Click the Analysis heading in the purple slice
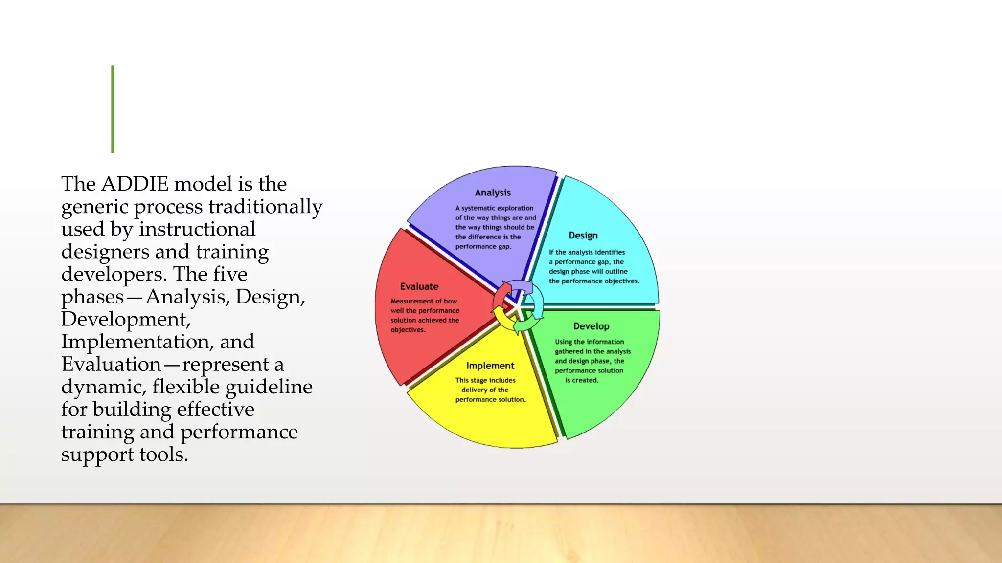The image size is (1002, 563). pyautogui.click(x=492, y=193)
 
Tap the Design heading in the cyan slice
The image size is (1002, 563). pyautogui.click(x=583, y=236)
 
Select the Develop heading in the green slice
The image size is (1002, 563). pyautogui.click(x=591, y=326)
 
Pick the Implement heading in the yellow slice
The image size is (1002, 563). pyautogui.click(x=490, y=366)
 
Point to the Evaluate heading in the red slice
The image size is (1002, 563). pyautogui.click(x=419, y=286)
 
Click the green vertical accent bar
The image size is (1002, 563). pyautogui.click(x=113, y=109)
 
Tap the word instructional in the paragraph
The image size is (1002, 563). pyautogui.click(x=197, y=229)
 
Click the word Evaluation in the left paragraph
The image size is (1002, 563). pyautogui.click(x=111, y=364)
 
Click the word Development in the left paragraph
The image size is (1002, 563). pyautogui.click(x=125, y=319)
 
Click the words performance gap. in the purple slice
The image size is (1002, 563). pyautogui.click(x=483, y=247)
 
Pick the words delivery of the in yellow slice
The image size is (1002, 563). pyautogui.click(x=484, y=390)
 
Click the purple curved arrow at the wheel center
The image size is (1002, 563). pyautogui.click(x=523, y=286)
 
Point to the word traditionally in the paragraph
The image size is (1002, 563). pyautogui.click(x=265, y=207)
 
